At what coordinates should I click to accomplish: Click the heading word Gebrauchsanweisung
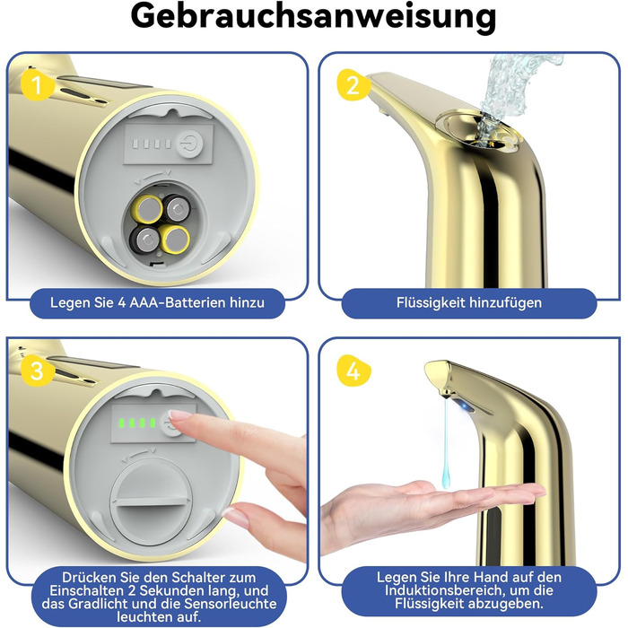click(x=313, y=17)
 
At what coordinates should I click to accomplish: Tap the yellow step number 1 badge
click(x=37, y=84)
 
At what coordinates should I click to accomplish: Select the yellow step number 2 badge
click(x=353, y=84)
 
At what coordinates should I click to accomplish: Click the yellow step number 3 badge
click(x=37, y=371)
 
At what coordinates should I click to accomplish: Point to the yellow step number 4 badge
click(x=353, y=371)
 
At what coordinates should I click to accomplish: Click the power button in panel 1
click(x=190, y=143)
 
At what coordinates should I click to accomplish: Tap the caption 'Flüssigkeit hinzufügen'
click(x=469, y=302)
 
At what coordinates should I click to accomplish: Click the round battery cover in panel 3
click(x=152, y=501)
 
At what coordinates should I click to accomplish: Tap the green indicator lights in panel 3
click(x=137, y=423)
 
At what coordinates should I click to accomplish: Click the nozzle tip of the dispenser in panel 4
click(x=444, y=396)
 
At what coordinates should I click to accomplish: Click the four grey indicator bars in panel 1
click(x=152, y=144)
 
